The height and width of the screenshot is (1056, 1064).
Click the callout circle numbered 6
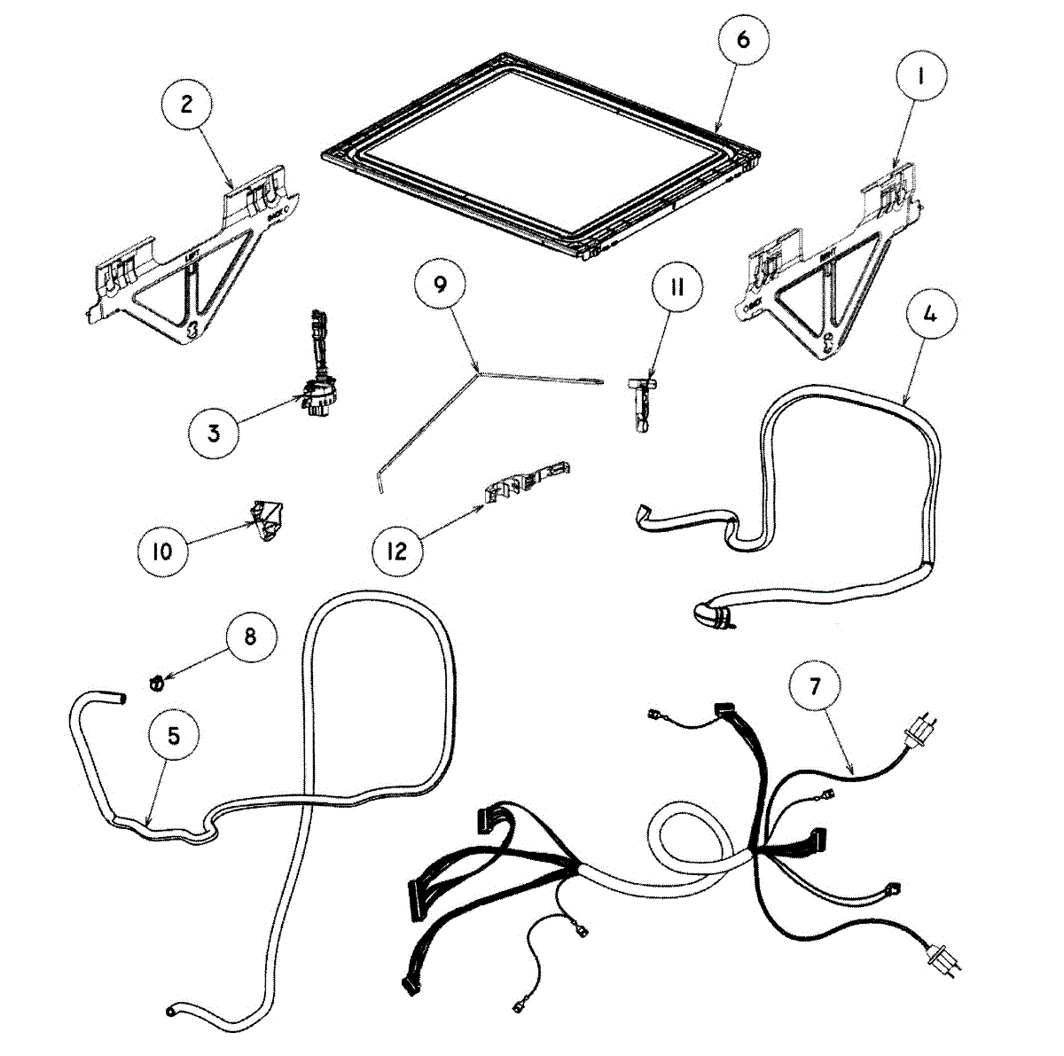click(742, 40)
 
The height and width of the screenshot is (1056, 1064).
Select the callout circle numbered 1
click(919, 77)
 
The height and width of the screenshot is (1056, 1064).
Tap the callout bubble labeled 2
click(186, 105)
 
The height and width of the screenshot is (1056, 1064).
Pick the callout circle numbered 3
click(214, 433)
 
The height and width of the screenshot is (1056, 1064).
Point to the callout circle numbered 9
click(441, 286)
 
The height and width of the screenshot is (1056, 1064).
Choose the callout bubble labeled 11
click(677, 289)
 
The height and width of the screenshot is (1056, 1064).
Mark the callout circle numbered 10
click(162, 551)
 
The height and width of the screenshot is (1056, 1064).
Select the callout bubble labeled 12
click(396, 551)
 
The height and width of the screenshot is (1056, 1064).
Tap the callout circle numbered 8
click(250, 638)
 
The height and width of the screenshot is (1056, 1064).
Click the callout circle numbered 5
click(174, 736)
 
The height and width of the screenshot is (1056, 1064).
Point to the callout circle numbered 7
click(814, 684)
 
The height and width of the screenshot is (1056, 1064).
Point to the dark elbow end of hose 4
click(709, 614)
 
